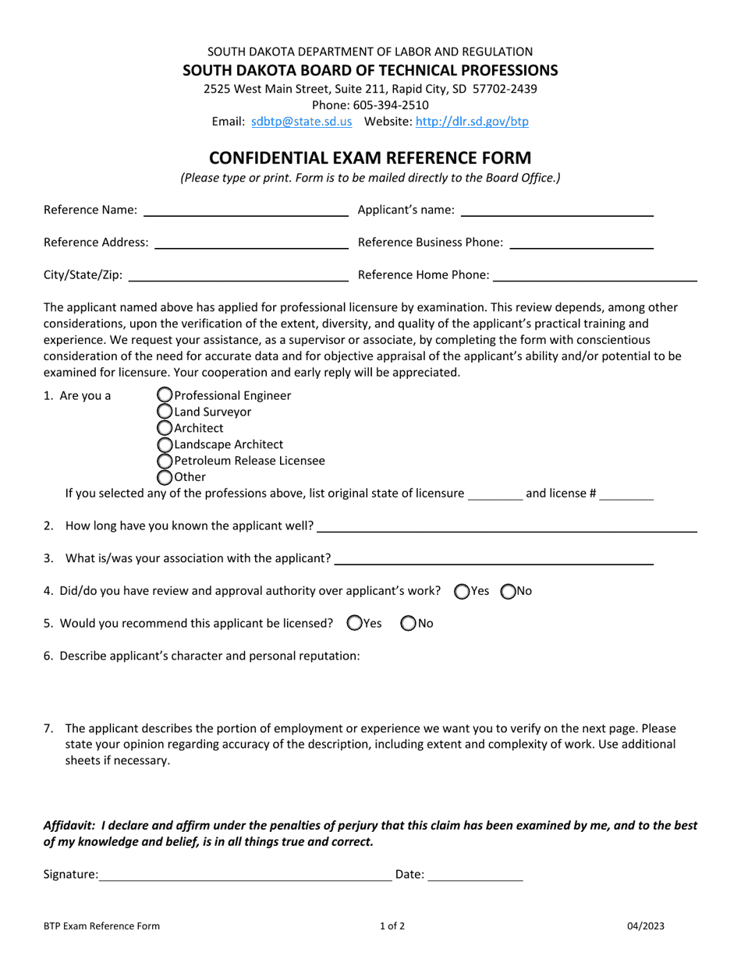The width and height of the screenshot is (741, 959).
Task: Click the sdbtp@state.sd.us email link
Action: pos(302,122)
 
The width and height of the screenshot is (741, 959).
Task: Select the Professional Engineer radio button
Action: pos(165,395)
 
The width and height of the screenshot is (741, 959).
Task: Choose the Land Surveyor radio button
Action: pos(165,412)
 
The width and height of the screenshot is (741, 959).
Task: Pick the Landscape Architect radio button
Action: pos(165,444)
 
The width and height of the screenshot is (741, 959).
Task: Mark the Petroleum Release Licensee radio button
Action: pos(165,461)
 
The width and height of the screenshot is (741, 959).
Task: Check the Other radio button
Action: pos(165,477)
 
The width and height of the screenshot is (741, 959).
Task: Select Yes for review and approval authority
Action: pos(462,592)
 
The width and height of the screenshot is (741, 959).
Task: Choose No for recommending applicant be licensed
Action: pos(409,623)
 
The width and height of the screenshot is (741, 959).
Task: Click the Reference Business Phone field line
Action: pos(581,245)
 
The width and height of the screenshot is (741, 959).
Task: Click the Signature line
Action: pos(246,877)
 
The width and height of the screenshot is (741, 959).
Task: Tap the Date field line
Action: pos(475,877)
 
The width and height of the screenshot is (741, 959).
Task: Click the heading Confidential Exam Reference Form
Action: pos(370,157)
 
